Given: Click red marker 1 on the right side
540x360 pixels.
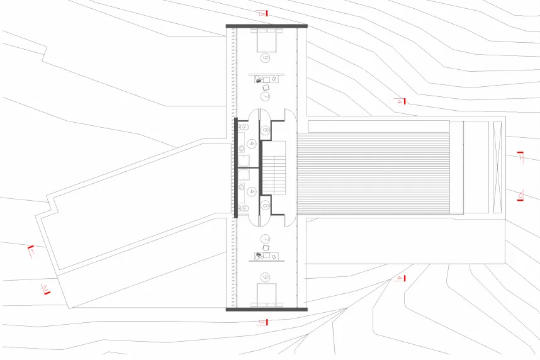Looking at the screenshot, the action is point(520,156).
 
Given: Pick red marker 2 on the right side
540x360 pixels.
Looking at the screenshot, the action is point(520,195).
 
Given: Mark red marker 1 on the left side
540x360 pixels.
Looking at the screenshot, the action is point(30,251).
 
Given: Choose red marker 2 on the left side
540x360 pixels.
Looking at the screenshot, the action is point(46,289).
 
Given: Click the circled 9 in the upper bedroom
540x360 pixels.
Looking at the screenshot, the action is point(266,58).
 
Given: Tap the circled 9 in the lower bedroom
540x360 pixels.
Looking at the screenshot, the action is point(266,276).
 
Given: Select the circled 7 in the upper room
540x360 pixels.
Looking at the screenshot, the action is point(266,96).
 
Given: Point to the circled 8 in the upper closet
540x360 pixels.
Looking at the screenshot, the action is point(266,130).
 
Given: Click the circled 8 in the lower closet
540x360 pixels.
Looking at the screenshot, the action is point(266,205).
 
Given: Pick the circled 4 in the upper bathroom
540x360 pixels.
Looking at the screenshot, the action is point(252,143).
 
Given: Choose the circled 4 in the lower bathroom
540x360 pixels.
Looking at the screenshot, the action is point(252,191).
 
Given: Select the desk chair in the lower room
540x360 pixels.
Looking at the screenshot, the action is point(266,249).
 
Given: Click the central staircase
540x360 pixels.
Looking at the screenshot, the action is point(274,167).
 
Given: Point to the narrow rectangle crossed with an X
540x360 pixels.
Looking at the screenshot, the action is point(497,167).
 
